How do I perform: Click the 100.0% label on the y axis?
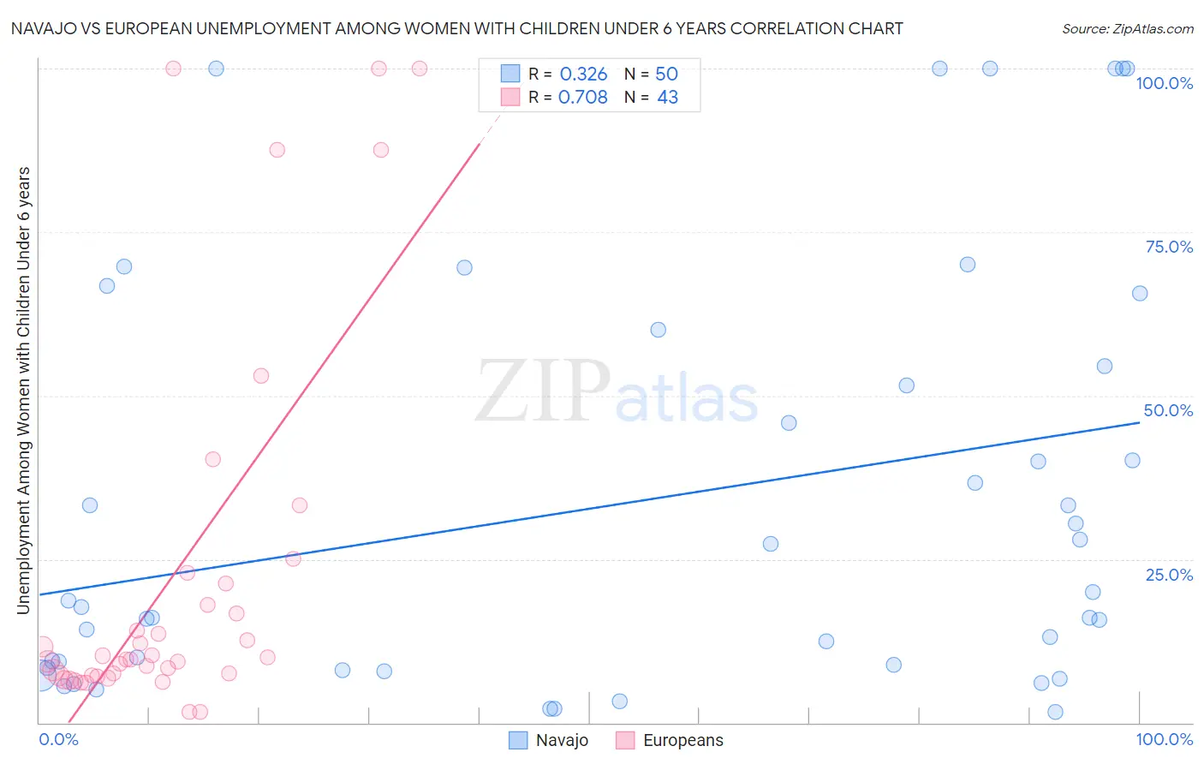[x=1164, y=83]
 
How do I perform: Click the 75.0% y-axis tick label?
[x=1169, y=247]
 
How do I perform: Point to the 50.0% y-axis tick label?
[x=1168, y=410]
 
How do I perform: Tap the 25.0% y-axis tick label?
[x=1169, y=574]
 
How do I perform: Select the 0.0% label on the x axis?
[x=58, y=739]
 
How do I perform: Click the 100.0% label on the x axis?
[x=1164, y=739]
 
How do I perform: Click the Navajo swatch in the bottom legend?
[x=518, y=740]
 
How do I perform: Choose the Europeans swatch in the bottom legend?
[x=625, y=740]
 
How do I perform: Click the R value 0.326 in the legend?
[x=583, y=74]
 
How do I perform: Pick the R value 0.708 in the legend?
[x=582, y=97]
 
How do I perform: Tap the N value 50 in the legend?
[x=666, y=74]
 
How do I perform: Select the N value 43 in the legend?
[x=667, y=97]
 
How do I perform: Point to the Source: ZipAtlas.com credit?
[x=1127, y=28]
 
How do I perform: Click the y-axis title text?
[x=23, y=390]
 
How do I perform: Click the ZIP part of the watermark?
[x=542, y=391]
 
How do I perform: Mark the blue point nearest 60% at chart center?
[x=658, y=330]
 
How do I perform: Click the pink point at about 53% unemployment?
[x=261, y=376]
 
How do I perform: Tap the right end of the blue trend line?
[x=1140, y=422]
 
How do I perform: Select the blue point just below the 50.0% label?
[x=1132, y=460]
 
